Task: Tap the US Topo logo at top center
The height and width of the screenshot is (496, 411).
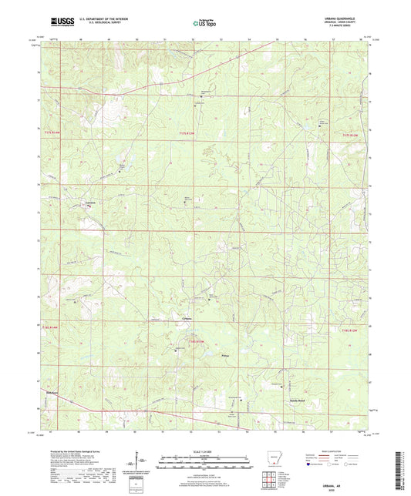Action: tap(204, 24)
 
